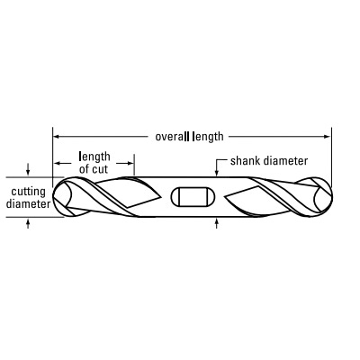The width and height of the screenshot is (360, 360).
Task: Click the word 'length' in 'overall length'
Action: point(208,137)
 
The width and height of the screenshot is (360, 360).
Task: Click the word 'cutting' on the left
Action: point(28,192)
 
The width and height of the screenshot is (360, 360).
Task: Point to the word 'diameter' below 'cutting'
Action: point(28,204)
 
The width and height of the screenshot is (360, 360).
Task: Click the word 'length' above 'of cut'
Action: point(94,157)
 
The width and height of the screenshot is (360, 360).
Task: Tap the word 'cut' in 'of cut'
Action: point(100,169)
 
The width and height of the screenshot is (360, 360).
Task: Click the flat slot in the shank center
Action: point(193,197)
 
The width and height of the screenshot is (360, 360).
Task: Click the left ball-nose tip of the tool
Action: point(53,196)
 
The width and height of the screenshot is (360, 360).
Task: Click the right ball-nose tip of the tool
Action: point(332,196)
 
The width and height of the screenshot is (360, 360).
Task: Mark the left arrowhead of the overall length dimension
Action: point(56,137)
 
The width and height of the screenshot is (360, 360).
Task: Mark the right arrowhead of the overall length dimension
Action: point(328,137)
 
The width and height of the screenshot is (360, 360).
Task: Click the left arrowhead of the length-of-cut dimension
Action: point(57,163)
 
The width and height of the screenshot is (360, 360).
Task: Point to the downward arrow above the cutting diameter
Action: point(28,169)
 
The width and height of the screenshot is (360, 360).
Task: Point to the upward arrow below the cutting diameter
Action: point(28,223)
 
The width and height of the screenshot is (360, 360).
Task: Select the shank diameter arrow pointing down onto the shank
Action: point(217,168)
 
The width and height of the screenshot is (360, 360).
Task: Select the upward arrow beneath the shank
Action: point(217,223)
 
